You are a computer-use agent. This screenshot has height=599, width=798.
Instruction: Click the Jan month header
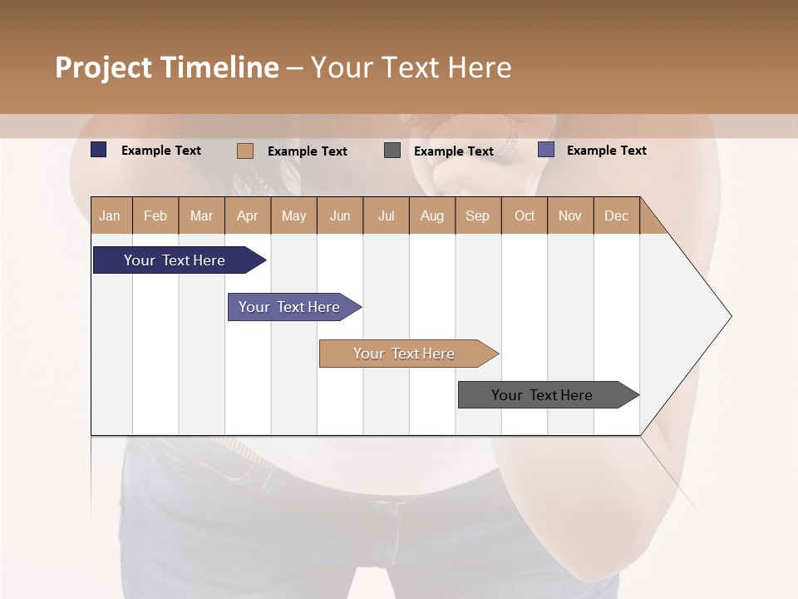[x=111, y=215]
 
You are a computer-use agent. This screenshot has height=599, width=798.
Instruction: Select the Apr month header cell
[x=248, y=215]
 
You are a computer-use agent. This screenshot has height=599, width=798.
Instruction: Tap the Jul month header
[x=386, y=215]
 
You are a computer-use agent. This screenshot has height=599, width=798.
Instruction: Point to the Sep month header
[x=478, y=215]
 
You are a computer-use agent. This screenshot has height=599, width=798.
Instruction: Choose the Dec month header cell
[x=616, y=215]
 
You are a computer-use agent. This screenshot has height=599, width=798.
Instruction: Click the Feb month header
[x=155, y=215]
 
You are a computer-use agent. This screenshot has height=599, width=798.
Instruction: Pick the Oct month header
[x=525, y=215]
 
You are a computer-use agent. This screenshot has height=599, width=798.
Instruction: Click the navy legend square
[x=98, y=150]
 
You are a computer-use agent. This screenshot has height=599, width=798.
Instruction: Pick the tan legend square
[x=244, y=151]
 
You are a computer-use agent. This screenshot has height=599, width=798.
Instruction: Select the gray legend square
[x=392, y=151]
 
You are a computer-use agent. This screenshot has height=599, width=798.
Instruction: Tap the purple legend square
[x=545, y=150]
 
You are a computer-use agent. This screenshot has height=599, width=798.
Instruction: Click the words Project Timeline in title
[x=166, y=67]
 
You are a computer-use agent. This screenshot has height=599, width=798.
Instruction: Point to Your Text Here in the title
[x=411, y=67]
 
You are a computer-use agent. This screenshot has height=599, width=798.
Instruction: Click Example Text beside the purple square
[x=606, y=151]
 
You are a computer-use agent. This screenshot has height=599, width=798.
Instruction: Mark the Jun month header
[x=340, y=215]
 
